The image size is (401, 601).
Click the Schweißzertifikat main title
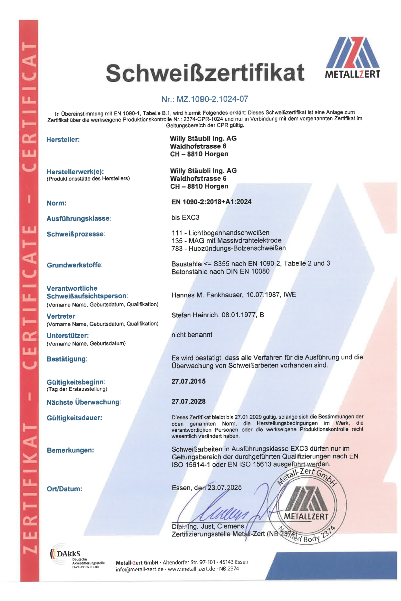coord(205,74)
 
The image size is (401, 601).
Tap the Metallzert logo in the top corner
coord(353,58)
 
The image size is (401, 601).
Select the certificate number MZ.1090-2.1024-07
coord(205,99)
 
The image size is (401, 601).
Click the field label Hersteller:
coord(63,140)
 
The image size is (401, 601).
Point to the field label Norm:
coord(56,203)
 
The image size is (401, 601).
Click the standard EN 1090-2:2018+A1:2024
coord(212,203)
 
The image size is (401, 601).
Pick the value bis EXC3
coord(185,218)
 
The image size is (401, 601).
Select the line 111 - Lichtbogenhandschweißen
coord(221,233)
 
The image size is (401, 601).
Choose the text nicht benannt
coord(192,334)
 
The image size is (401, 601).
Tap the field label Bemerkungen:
coord(70,450)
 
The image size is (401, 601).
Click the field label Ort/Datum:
coord(64,488)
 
